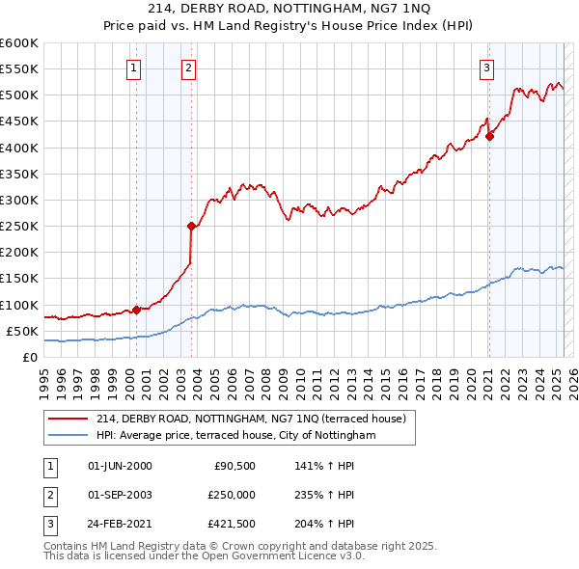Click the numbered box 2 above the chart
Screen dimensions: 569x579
point(188,68)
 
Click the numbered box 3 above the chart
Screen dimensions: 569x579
point(487,68)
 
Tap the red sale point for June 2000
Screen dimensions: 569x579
point(136,310)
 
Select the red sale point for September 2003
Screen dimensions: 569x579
point(191,227)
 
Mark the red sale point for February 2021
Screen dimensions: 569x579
point(489,136)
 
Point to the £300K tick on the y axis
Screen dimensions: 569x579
point(19,200)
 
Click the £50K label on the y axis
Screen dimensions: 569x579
point(22,331)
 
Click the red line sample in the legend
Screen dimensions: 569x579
point(69,419)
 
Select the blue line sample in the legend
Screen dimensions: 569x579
point(69,436)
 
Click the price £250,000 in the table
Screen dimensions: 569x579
point(232,495)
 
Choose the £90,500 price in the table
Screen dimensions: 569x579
point(234,466)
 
